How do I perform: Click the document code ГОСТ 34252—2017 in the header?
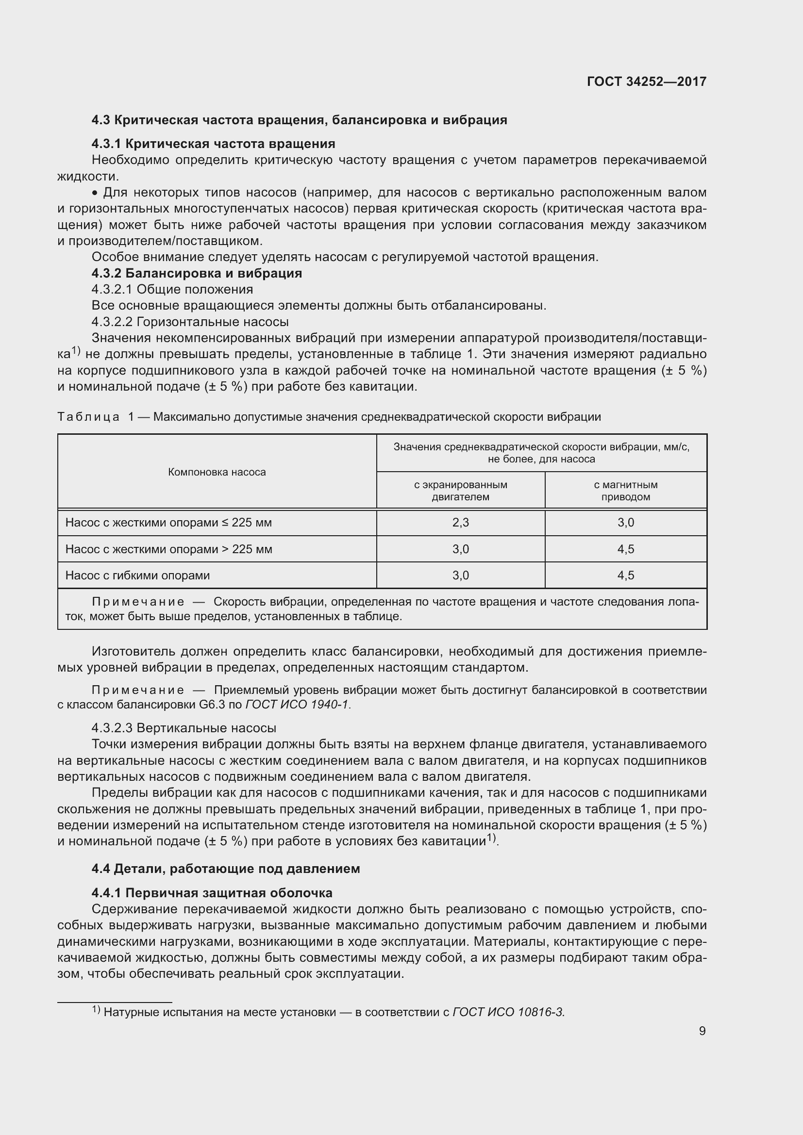(x=646, y=82)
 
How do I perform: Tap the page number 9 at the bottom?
(x=702, y=1031)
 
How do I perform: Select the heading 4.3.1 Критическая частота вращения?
(x=213, y=144)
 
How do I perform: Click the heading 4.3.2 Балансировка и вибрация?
(x=196, y=273)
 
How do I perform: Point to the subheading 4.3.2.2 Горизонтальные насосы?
(x=190, y=322)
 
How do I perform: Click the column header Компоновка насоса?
(x=217, y=472)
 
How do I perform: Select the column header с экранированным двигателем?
(x=460, y=491)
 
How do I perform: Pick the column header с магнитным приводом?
(x=625, y=491)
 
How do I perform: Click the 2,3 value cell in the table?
(x=460, y=523)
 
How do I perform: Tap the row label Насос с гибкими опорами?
(x=137, y=576)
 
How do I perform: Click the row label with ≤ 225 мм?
(x=168, y=523)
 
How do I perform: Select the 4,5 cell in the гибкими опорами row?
(x=625, y=576)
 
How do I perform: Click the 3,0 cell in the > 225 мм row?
(x=460, y=549)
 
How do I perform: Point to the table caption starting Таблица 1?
(x=329, y=417)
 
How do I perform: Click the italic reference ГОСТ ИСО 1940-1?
(x=297, y=705)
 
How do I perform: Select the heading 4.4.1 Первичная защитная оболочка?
(x=212, y=893)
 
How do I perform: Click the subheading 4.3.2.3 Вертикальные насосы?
(x=184, y=728)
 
